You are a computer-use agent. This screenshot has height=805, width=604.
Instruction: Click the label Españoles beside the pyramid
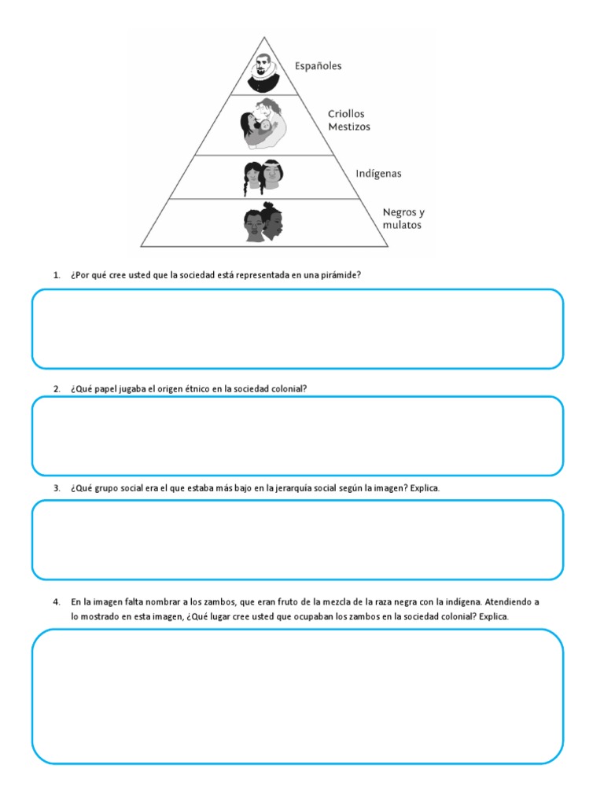pyautogui.click(x=318, y=67)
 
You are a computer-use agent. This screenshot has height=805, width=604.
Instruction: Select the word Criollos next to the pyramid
pyautogui.click(x=346, y=114)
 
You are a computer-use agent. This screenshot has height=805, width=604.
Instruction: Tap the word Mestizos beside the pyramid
pyautogui.click(x=349, y=127)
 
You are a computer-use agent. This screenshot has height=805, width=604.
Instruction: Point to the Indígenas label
pyautogui.click(x=378, y=174)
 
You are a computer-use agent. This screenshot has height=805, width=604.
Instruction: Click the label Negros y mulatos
pyautogui.click(x=403, y=219)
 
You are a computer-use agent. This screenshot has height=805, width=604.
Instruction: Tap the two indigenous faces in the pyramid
pyautogui.click(x=263, y=177)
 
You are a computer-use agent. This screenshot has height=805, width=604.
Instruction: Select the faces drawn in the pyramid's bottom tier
pyautogui.click(x=263, y=222)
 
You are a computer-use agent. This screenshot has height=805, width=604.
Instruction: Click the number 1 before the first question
pyautogui.click(x=56, y=276)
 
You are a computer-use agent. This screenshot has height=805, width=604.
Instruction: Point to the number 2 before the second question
pyautogui.click(x=56, y=389)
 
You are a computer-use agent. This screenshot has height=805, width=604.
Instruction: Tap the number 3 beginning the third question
pyautogui.click(x=56, y=488)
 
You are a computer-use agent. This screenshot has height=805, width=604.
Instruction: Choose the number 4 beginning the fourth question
pyautogui.click(x=56, y=602)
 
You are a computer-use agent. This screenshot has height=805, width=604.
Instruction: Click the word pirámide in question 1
pyautogui.click(x=341, y=276)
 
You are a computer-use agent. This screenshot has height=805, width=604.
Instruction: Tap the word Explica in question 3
pyautogui.click(x=425, y=488)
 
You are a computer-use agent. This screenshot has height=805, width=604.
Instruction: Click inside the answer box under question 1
pyautogui.click(x=297, y=329)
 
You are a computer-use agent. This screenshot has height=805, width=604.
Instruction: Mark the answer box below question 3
pyautogui.click(x=297, y=540)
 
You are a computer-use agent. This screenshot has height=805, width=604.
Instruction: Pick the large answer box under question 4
pyautogui.click(x=297, y=696)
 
